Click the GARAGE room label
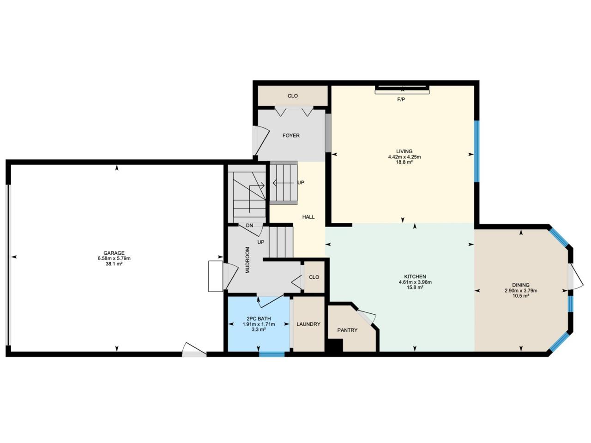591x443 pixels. tap(114, 253)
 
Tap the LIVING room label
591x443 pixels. tap(404, 151)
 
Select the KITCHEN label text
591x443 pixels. tap(415, 276)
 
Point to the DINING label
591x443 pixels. tap(521, 285)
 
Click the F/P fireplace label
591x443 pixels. tap(401, 99)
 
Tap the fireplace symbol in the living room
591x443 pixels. tap(402, 90)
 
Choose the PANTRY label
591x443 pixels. tap(347, 330)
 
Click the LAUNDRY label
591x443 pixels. tap(308, 324)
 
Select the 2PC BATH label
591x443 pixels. tap(259, 319)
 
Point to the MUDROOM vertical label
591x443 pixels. tap(247, 260)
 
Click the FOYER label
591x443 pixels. tap(291, 135)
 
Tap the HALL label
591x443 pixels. tap(308, 217)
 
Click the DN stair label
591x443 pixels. tap(249, 225)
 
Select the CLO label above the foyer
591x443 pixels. tap(293, 96)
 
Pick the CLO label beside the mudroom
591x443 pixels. tap(314, 277)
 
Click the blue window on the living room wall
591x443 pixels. tap(476, 151)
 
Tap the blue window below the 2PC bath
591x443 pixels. tap(271, 354)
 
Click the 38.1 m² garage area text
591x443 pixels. tap(114, 264)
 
